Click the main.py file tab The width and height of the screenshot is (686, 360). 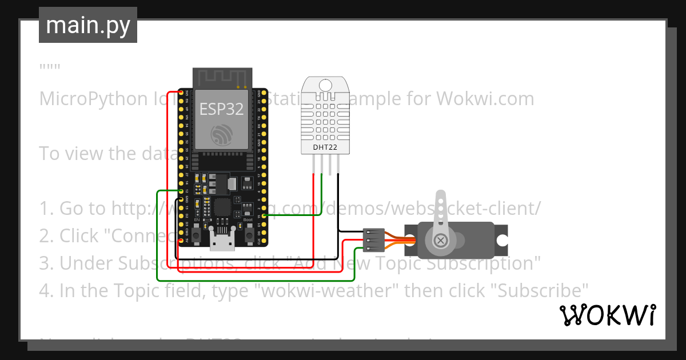tap(88, 25)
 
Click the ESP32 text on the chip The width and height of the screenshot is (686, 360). tap(221, 109)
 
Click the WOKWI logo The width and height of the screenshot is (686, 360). tap(607, 315)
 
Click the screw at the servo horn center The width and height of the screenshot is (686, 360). tap(441, 240)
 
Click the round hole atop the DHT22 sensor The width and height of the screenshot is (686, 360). tap(325, 86)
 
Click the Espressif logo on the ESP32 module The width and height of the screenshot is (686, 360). tap(221, 136)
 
